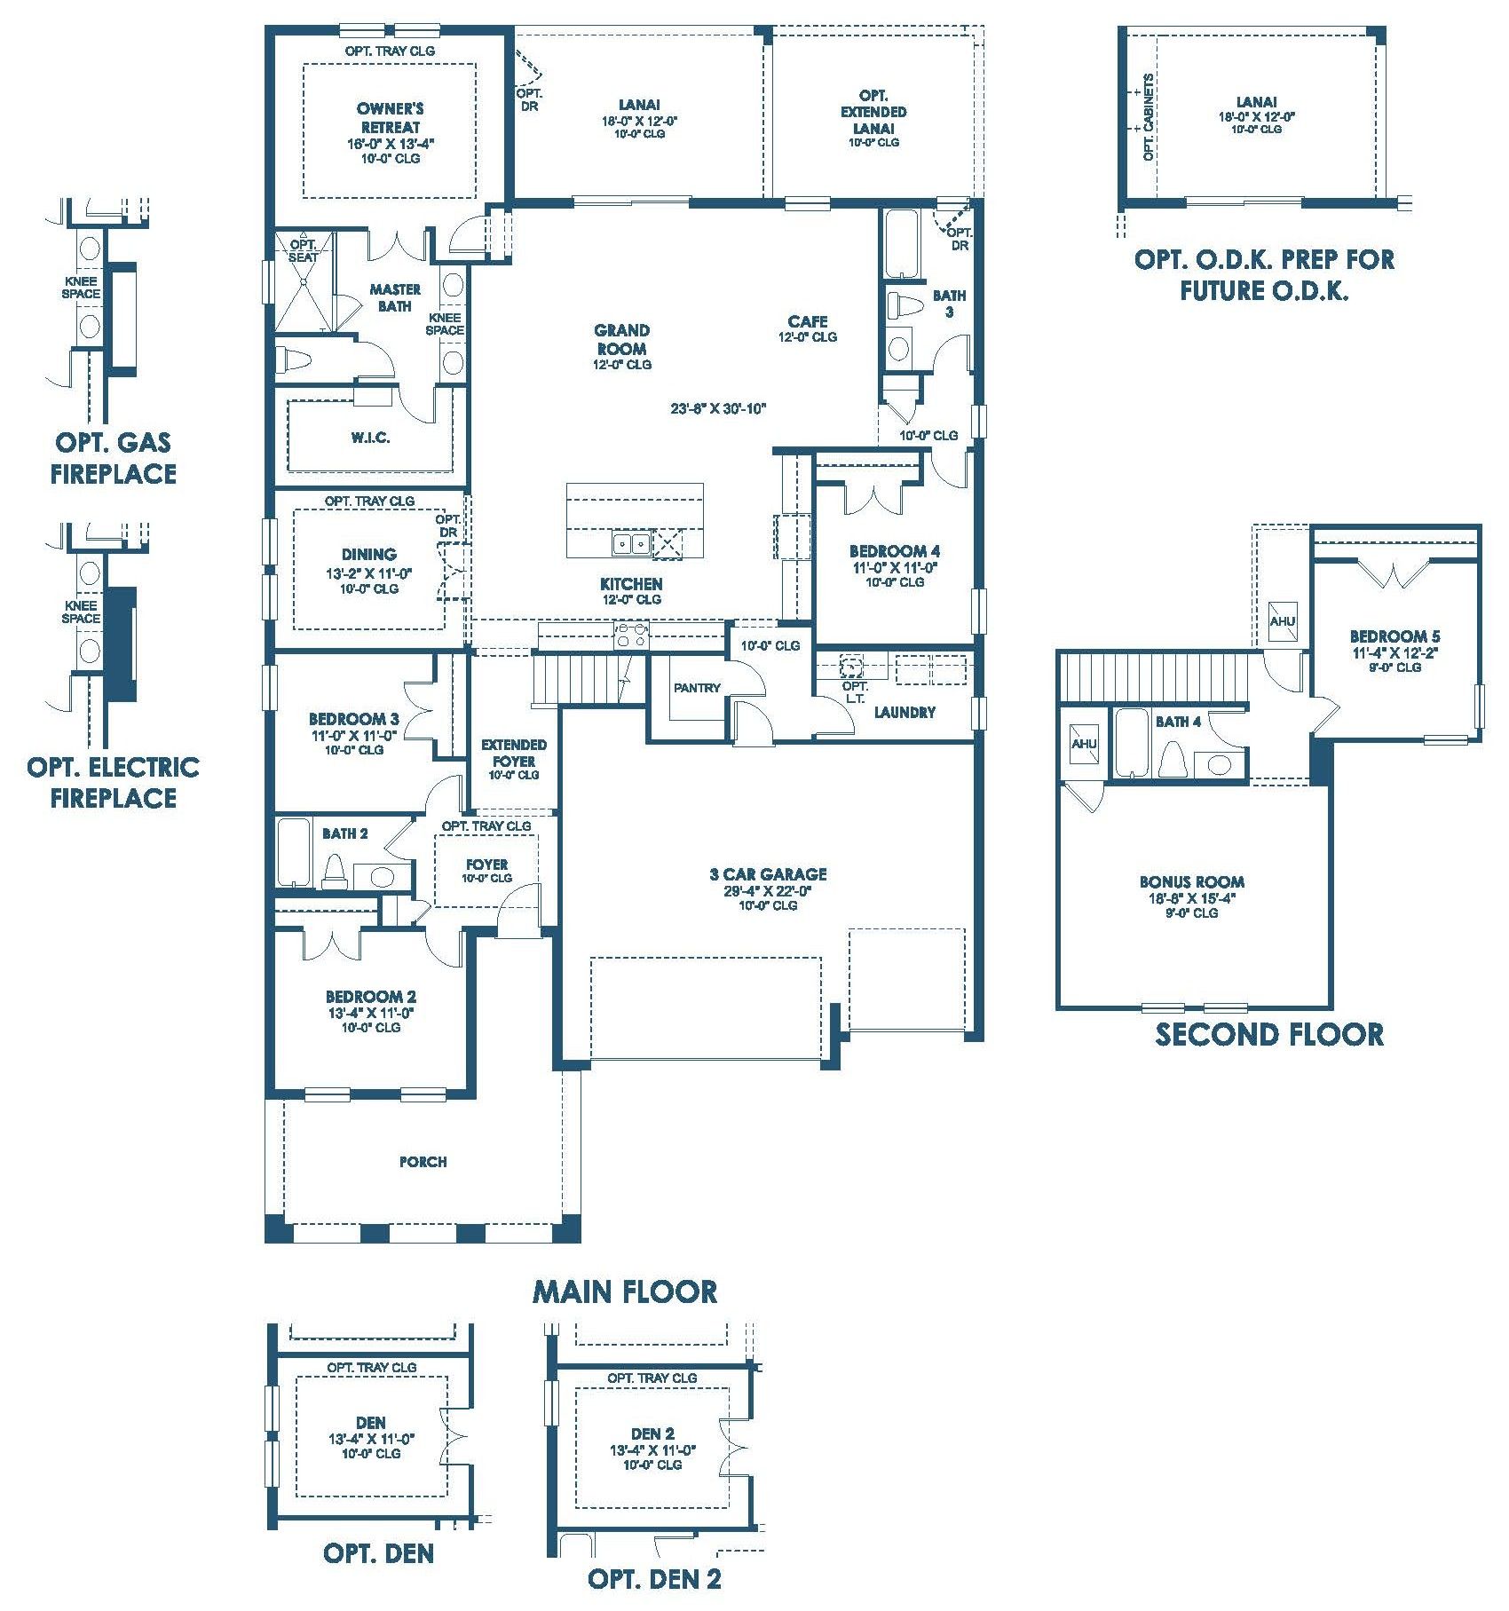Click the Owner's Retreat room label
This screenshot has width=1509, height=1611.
[x=390, y=117]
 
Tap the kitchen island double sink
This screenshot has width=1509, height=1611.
[x=632, y=543]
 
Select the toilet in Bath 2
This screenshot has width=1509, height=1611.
[x=335, y=871]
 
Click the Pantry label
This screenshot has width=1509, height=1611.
[x=697, y=688]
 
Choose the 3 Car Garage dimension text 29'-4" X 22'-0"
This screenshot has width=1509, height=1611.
[x=768, y=890]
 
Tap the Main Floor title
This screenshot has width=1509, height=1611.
[x=625, y=1291]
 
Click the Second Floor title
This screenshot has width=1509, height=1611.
[x=1269, y=1034]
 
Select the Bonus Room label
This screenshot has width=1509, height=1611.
[x=1191, y=881]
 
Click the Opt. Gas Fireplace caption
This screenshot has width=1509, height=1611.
[x=114, y=457]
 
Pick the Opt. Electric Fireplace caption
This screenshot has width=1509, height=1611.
[x=114, y=782]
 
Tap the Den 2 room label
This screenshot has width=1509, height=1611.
[x=652, y=1433]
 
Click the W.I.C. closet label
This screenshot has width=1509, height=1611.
[x=370, y=438]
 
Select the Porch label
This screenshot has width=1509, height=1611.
[x=423, y=1162]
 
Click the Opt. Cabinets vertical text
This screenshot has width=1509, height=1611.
[x=1149, y=117]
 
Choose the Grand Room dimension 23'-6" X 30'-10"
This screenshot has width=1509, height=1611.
[x=718, y=409]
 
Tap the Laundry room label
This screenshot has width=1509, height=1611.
[x=905, y=712]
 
